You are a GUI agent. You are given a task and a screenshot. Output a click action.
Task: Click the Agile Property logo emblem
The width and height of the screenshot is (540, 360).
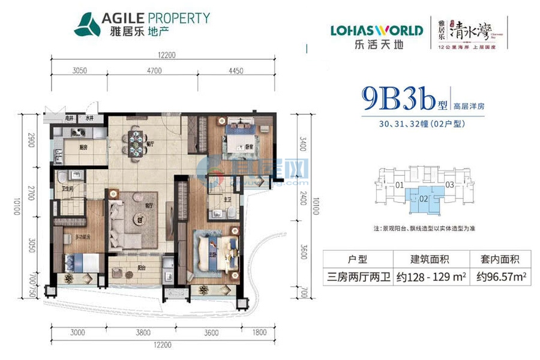[88, 23]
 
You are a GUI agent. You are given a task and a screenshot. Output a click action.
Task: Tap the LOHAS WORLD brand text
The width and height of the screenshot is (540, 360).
[376, 30]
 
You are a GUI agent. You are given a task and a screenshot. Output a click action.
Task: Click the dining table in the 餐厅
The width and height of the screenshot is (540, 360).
[133, 142]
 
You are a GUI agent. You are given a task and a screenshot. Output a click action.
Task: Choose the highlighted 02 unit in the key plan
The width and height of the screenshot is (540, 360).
[423, 197]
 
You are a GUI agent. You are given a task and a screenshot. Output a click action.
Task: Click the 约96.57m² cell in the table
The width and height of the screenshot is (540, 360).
[497, 278]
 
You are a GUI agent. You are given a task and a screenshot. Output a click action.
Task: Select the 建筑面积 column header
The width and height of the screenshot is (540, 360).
[430, 260]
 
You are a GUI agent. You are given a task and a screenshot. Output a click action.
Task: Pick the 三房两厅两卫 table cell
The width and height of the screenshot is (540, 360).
[358, 278]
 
